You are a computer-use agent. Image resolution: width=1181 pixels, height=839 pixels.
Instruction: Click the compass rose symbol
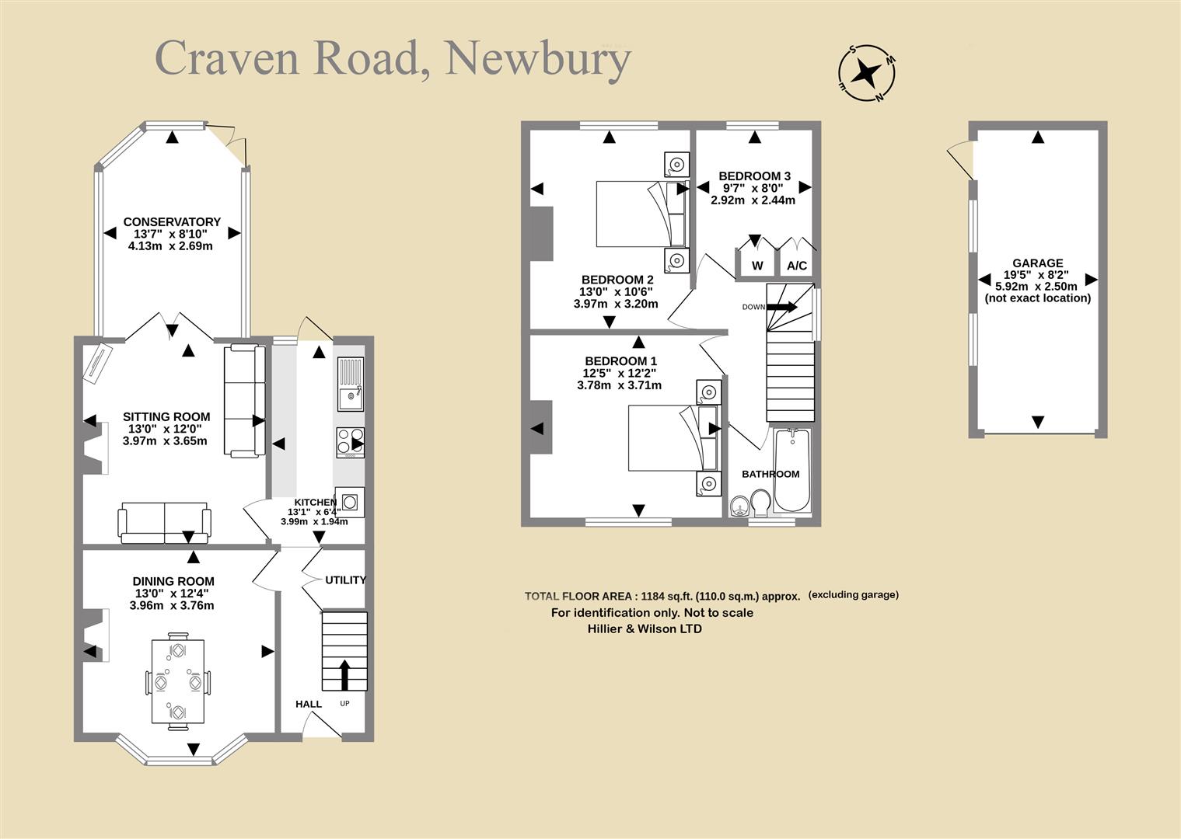(867, 72)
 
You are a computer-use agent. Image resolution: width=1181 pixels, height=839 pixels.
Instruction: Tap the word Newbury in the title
(538, 60)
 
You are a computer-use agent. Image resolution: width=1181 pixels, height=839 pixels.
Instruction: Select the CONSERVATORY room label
(172, 221)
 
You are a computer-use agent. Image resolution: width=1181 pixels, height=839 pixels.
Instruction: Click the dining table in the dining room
(178, 681)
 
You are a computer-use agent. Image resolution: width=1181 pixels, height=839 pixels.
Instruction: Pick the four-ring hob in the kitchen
(351, 441)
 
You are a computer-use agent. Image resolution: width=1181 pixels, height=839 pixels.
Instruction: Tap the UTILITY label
(345, 580)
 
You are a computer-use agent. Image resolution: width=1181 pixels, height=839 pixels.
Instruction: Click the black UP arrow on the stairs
(344, 674)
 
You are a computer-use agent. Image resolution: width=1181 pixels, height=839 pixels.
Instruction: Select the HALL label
(309, 704)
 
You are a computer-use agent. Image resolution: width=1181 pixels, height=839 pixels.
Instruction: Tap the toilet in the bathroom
(761, 503)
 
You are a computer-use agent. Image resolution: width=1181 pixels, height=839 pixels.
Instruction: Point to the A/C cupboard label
(797, 266)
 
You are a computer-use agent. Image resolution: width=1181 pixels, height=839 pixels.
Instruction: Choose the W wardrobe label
(757, 266)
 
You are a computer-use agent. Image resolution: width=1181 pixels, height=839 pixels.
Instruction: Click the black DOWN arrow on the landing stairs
(782, 307)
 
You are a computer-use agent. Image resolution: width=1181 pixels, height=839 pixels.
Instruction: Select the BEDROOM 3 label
(754, 176)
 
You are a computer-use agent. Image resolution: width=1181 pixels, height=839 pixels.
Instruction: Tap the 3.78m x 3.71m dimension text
(619, 385)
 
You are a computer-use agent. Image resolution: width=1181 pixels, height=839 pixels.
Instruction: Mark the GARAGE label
(1038, 263)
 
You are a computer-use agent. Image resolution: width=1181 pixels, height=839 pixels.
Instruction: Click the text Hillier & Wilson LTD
(645, 628)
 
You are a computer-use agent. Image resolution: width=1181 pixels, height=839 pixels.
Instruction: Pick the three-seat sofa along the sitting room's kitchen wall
(245, 400)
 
